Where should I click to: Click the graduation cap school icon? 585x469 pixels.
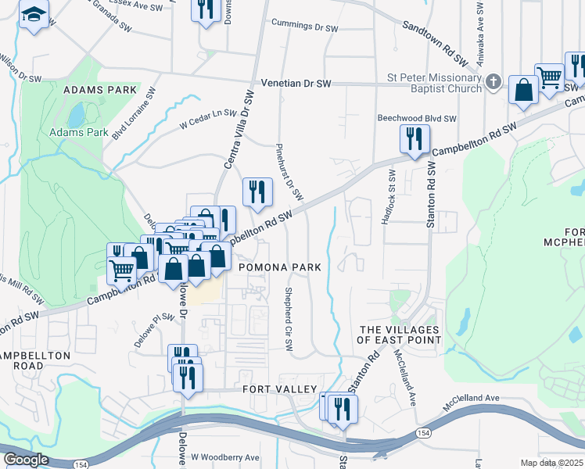[34, 15]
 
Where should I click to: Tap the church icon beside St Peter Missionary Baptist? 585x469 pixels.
[493, 81]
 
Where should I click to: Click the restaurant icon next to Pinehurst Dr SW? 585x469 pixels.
[257, 192]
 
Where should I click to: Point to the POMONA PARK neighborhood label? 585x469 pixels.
[279, 267]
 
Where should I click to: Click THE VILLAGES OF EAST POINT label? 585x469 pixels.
[399, 335]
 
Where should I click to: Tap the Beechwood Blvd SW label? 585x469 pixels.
[417, 118]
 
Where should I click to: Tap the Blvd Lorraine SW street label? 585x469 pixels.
[134, 113]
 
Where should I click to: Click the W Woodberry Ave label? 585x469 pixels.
[225, 457]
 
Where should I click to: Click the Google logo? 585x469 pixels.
[26, 460]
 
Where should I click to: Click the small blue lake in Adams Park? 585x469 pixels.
[76, 115]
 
